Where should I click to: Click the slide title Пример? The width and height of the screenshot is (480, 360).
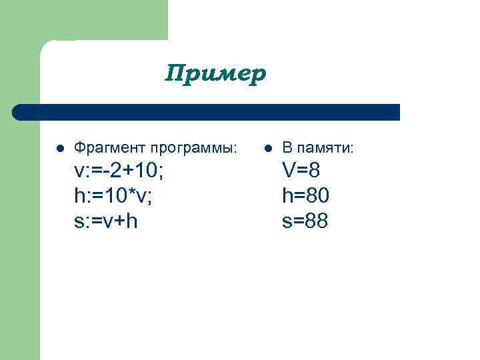pyautogui.click(x=215, y=73)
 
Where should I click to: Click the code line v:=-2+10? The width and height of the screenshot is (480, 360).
pyautogui.click(x=119, y=171)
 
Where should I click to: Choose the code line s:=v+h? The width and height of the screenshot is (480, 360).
pyautogui.click(x=106, y=221)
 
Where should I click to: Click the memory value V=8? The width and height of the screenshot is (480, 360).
pyautogui.click(x=301, y=171)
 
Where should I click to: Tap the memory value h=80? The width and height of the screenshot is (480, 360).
pyautogui.click(x=306, y=196)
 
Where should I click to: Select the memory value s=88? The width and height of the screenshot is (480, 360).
pyautogui.click(x=305, y=221)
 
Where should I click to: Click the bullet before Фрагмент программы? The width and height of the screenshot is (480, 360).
pyautogui.click(x=59, y=147)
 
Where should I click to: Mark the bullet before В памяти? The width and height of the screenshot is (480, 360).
pyautogui.click(x=267, y=147)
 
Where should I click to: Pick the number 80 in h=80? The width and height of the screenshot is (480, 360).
pyautogui.click(x=317, y=196)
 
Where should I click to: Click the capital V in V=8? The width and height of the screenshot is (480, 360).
pyautogui.click(x=289, y=171)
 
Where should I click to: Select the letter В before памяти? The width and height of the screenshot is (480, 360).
pyautogui.click(x=287, y=147)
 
